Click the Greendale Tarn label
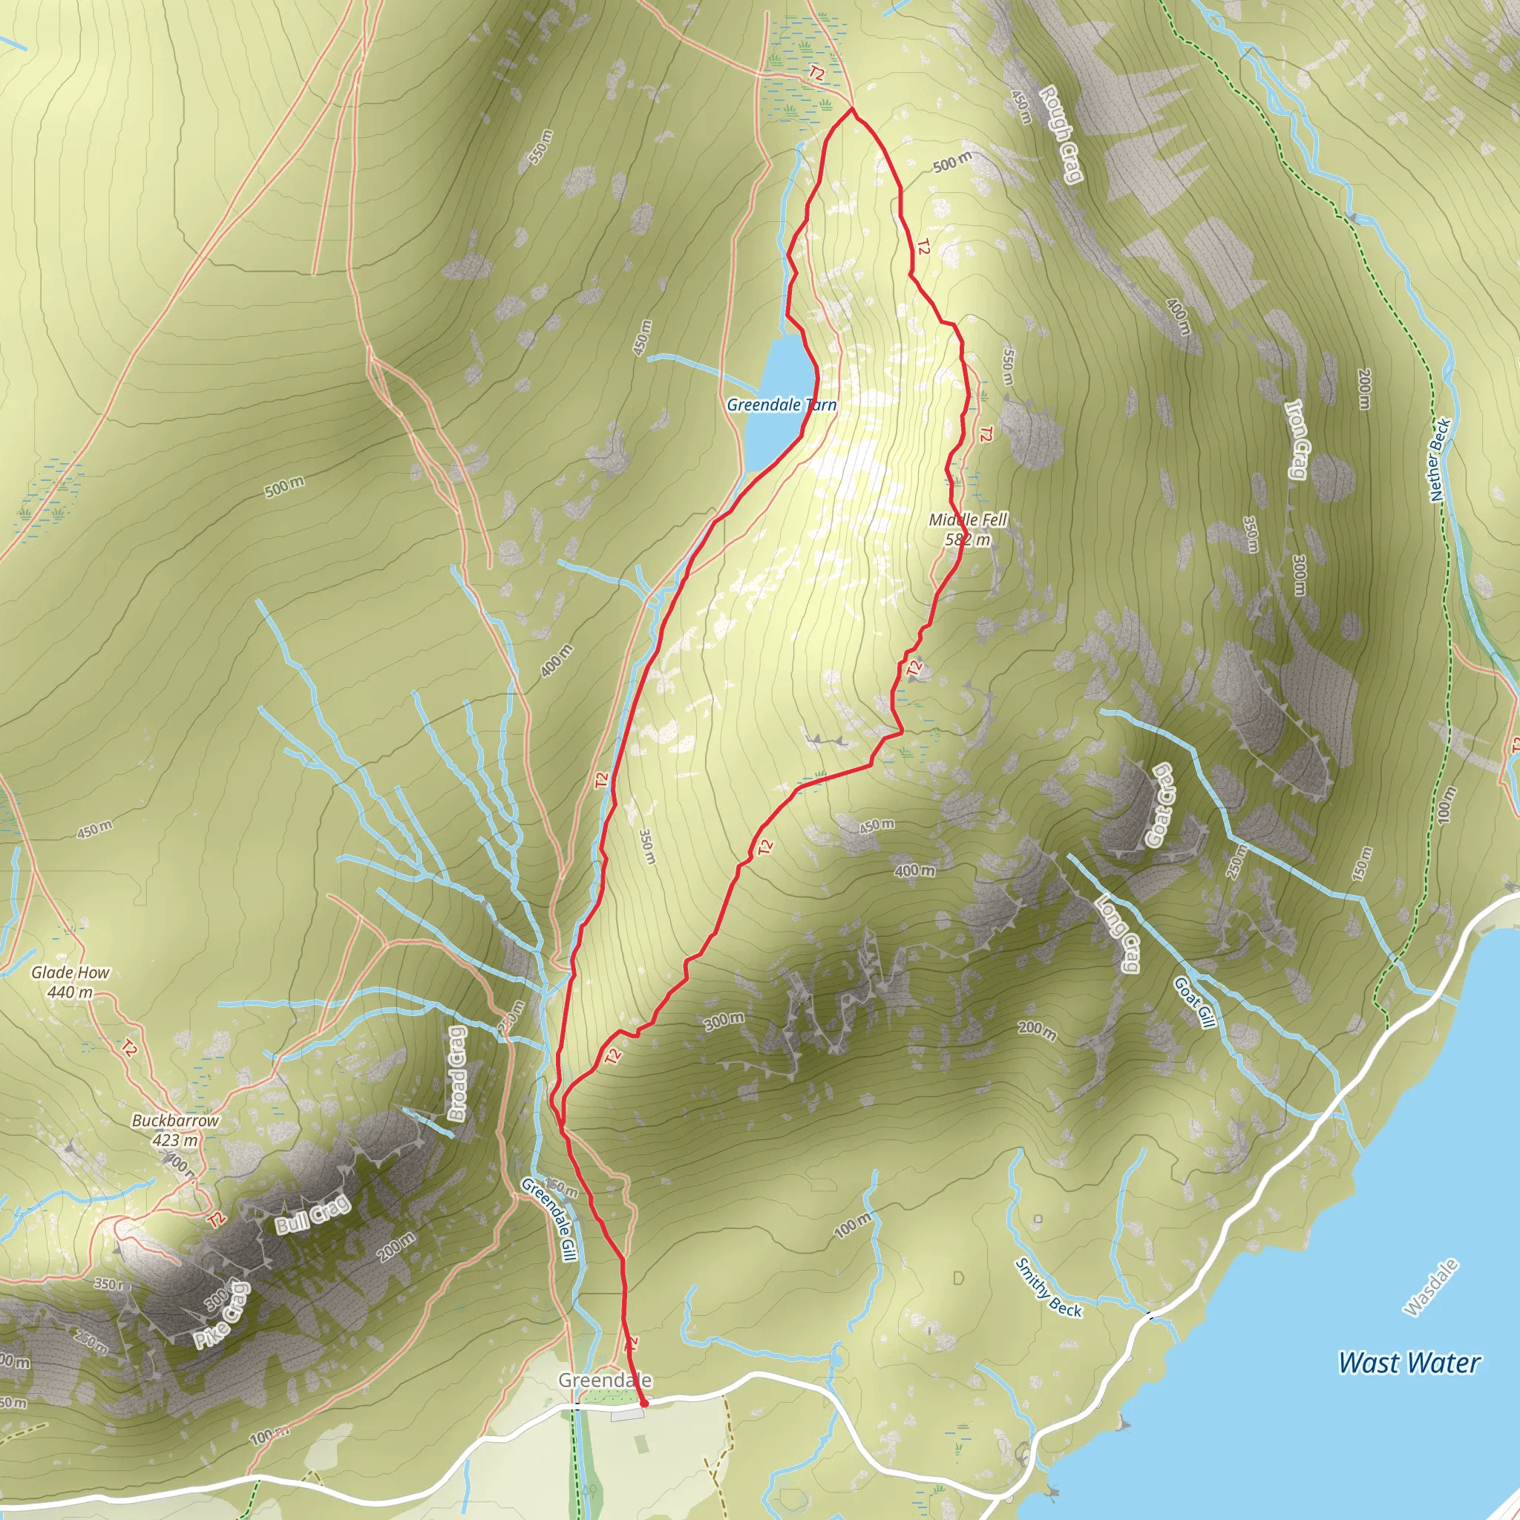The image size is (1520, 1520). click(x=782, y=405)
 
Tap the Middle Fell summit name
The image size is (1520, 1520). click(x=968, y=520)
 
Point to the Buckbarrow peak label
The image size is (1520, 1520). click(x=174, y=1120)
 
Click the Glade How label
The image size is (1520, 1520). click(x=70, y=972)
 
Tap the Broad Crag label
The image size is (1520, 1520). click(x=457, y=1072)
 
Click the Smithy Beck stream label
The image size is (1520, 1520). click(x=1048, y=1287)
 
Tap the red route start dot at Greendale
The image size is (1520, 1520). click(x=644, y=1403)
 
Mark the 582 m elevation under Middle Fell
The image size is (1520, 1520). click(x=968, y=540)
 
